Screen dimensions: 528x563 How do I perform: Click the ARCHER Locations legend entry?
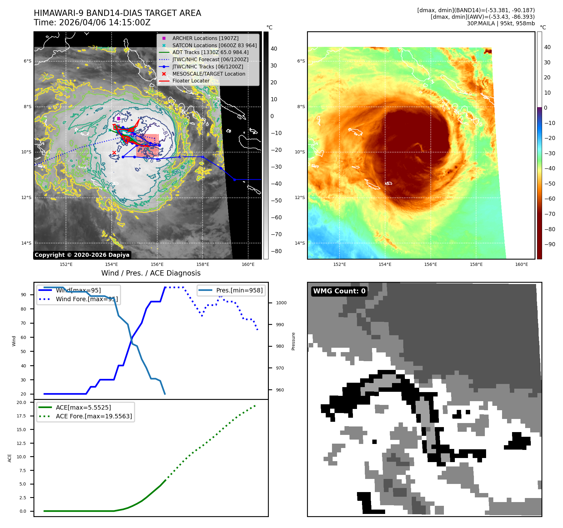coord(205,38)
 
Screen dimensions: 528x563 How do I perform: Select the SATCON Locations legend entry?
coord(214,46)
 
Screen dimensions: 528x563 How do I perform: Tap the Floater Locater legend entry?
coord(191,81)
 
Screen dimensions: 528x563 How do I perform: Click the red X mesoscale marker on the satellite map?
coord(114,152)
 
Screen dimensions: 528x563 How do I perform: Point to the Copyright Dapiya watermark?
coord(82,255)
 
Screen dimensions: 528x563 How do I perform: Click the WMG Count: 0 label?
coord(339,291)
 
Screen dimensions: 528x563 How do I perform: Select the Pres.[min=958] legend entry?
coord(239,291)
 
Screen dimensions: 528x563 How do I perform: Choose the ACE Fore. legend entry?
coord(94,416)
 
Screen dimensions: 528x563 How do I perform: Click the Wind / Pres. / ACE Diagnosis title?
coord(151,273)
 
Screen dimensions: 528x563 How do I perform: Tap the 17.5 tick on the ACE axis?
coord(22,416)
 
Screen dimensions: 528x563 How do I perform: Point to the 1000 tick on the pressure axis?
coord(281,303)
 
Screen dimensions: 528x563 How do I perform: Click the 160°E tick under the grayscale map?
coord(248,264)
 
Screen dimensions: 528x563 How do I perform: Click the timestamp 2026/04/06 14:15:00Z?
coord(105,23)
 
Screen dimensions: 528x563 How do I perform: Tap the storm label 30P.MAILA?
coord(481,23)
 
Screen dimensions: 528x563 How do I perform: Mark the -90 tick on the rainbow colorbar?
coord(550,244)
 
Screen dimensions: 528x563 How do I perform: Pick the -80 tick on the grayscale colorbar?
coord(276,251)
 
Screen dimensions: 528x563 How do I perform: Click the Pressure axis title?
coord(293,341)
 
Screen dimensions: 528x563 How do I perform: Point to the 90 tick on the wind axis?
coord(23,295)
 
